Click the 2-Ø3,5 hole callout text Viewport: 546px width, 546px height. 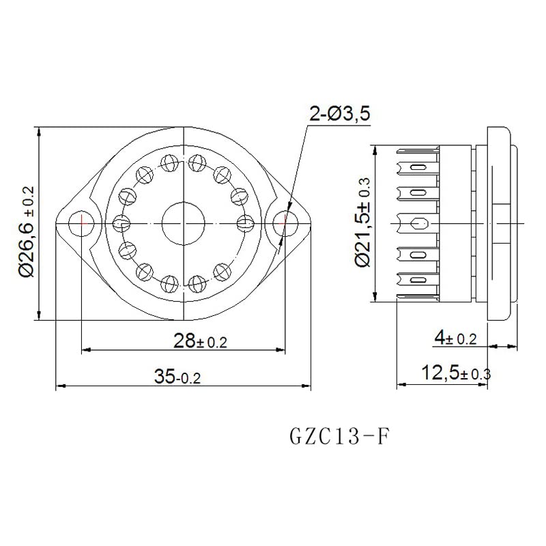(339, 114)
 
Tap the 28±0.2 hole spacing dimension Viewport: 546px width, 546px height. (200, 341)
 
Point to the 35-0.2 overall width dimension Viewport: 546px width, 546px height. (177, 377)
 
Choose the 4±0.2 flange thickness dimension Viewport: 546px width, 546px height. (455, 339)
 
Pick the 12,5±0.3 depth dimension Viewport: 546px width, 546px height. (456, 373)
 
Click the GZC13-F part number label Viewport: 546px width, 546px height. (339, 436)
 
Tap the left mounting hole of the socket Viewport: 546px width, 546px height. (81, 223)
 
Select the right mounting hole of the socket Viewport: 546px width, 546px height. (285, 223)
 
